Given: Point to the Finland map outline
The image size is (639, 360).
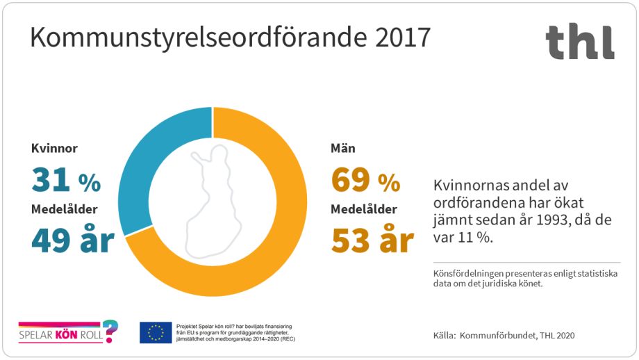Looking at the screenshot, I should click(x=213, y=202).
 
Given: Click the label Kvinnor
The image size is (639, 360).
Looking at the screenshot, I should click(x=55, y=149).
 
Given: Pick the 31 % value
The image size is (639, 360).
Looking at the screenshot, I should click(x=66, y=181).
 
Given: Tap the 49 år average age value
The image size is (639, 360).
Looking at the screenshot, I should click(x=72, y=240).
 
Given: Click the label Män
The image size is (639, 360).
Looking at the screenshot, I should click(x=345, y=149).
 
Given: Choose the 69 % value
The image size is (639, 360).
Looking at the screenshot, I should click(x=365, y=181).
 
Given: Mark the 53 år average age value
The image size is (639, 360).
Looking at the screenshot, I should click(x=372, y=240).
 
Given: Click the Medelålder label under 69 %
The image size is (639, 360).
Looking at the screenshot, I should click(x=364, y=209).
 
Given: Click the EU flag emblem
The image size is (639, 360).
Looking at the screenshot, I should click(x=156, y=332).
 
